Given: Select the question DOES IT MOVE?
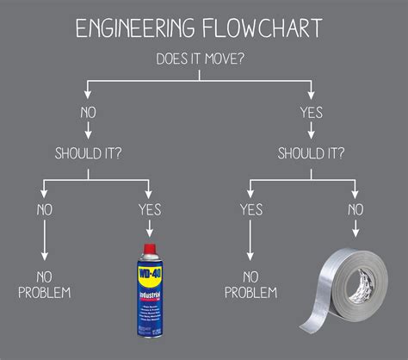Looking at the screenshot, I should coord(202,59).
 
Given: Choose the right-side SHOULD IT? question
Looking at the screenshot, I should coord(311,153).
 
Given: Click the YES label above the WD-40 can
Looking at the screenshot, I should coord(150,208).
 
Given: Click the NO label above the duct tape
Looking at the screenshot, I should coord(355,208).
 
